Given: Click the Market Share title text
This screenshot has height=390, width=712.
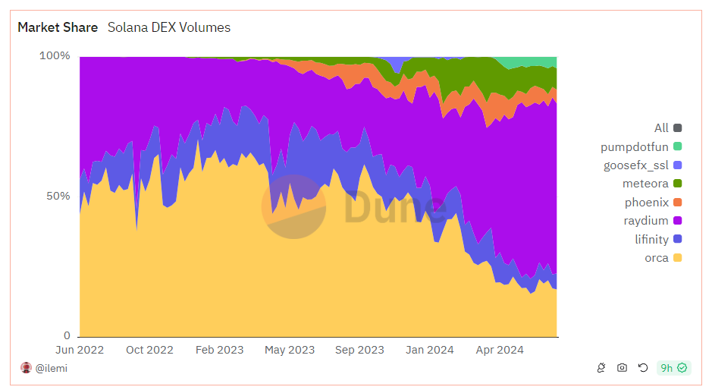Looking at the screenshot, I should point(58,27).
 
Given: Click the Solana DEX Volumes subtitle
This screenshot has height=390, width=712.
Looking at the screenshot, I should point(169,27).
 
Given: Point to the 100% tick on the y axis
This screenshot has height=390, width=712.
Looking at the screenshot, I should point(55,56).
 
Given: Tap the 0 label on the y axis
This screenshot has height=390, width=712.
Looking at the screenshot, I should point(67,336).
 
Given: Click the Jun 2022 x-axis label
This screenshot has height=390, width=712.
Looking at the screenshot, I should point(80,350).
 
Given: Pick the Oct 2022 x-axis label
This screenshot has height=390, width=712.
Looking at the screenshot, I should point(149,350).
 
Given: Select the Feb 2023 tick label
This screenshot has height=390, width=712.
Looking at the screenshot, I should point(219,350).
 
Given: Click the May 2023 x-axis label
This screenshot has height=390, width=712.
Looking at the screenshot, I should point(290,350).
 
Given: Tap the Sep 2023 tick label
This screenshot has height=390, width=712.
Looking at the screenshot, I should point(359,350).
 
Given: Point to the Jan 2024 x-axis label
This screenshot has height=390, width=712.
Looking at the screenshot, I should point(429,350).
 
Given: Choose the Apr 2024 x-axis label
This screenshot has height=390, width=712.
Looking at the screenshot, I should point(499,350).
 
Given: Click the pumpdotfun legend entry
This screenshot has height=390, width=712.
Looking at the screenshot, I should point(635,146).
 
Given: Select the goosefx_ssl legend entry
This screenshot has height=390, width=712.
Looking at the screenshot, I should point(635,165).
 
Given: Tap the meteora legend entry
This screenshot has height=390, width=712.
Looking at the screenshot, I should point(646,184).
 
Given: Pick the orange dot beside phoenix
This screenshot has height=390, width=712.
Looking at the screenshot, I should point(677,203).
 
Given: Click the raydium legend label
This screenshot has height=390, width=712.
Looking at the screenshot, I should point(646,221).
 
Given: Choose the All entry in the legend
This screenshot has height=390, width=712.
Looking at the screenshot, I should point(661,128).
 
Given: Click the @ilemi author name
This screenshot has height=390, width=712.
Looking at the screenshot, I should point(51,368).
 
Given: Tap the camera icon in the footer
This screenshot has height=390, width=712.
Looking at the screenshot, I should point(622,368).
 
